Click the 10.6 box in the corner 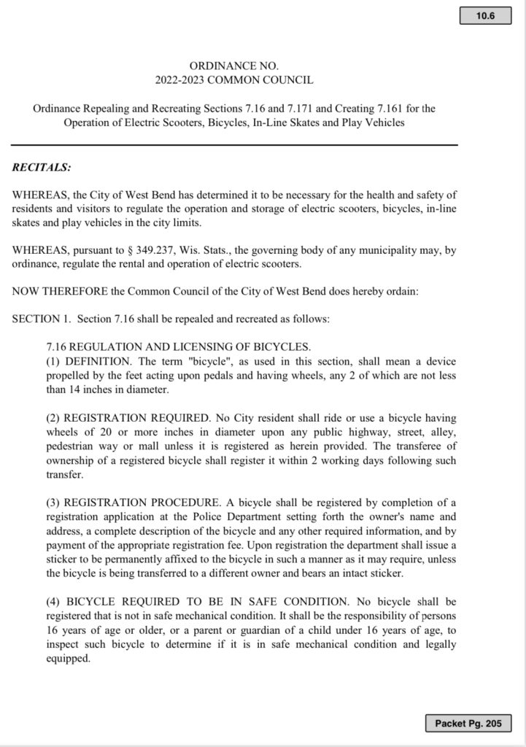[x=484, y=16]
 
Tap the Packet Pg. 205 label [x=468, y=723]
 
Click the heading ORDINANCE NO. [x=233, y=66]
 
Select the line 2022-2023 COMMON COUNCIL [x=233, y=80]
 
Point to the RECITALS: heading [x=42, y=167]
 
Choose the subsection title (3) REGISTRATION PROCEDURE [x=136, y=503]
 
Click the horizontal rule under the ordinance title [x=233, y=145]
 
